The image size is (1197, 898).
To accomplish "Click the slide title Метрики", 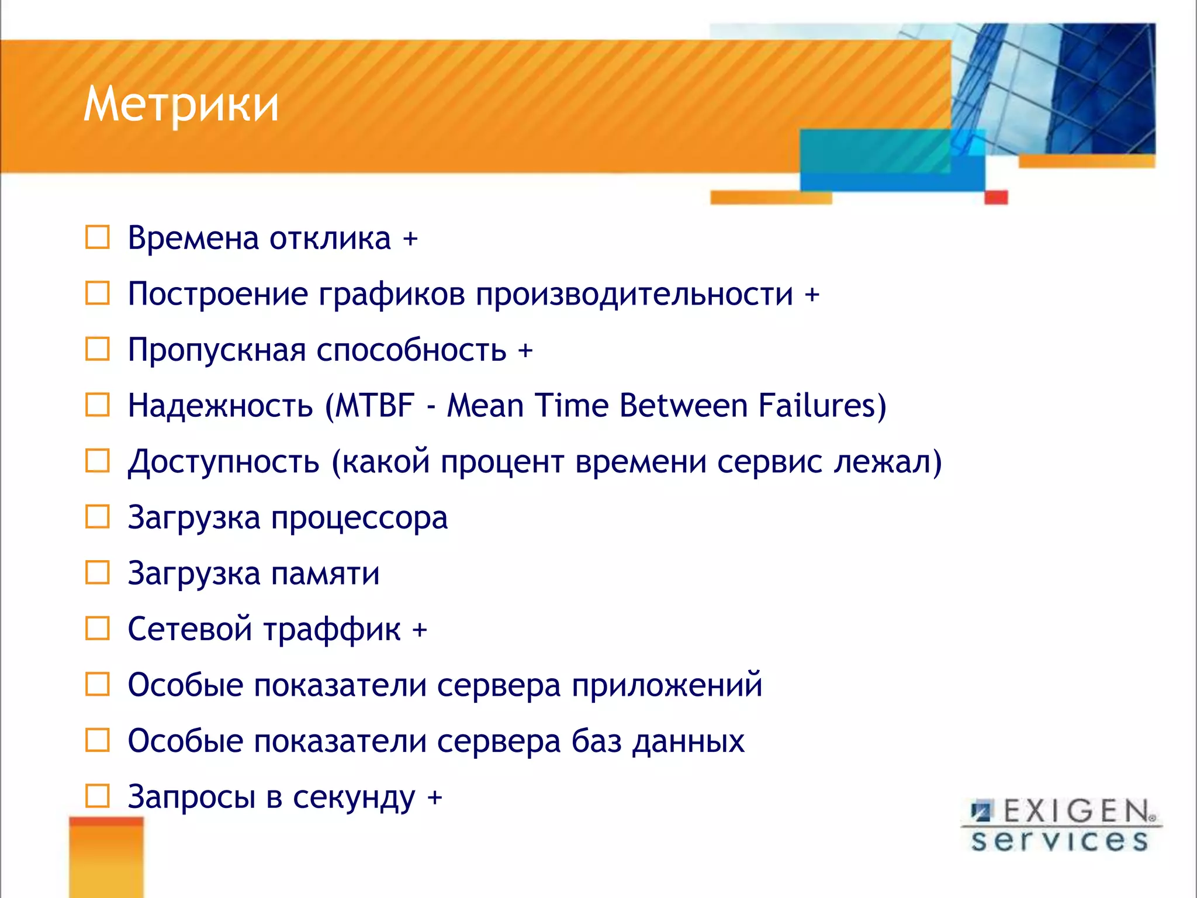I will point(181,105).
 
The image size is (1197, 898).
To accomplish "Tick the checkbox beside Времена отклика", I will point(98,237).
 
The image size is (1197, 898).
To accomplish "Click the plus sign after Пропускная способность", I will point(525,350).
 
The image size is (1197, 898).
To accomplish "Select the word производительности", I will point(634,294).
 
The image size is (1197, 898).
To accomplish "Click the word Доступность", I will point(224,462).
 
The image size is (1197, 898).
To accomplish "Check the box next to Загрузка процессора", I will point(98,517).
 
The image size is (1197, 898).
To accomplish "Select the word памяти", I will point(325,574).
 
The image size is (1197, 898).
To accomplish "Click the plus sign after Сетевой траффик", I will point(420,630).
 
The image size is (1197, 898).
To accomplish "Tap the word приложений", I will point(666,685).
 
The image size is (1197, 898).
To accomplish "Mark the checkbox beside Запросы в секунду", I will point(98,796).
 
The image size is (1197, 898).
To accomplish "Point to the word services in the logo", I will point(1059,841).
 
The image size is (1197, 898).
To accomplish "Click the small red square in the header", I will point(996,197).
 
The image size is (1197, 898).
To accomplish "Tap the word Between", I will point(683,405).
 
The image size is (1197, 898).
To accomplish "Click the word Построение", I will point(217,294).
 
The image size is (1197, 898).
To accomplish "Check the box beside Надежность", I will point(98,405).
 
